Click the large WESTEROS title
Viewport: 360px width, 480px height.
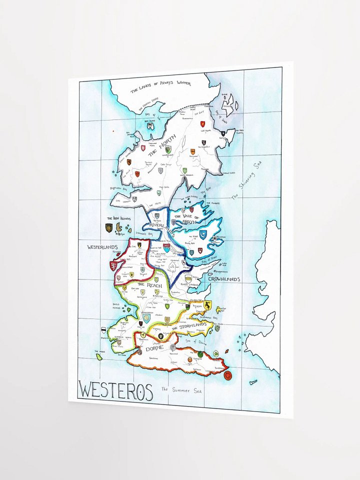(115, 390)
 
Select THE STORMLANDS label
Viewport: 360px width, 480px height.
(189, 325)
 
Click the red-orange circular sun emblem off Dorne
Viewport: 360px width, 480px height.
(228, 375)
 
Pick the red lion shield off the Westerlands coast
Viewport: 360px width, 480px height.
(114, 265)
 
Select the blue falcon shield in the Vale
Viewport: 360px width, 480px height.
(203, 235)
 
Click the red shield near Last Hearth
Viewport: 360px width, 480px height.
(204, 143)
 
